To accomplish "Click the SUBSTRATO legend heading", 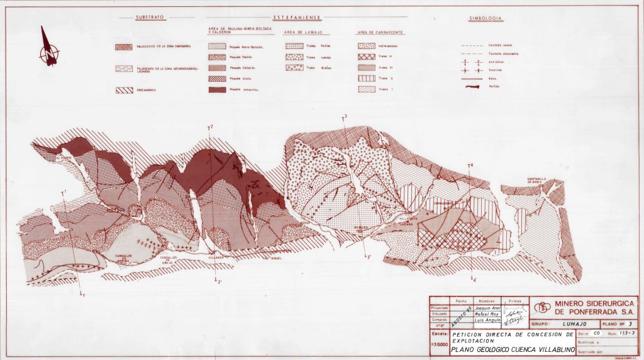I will [149, 18].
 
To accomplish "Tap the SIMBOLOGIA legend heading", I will [485, 18].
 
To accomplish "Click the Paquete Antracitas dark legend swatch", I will [217, 90].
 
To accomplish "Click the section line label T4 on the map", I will [470, 166].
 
